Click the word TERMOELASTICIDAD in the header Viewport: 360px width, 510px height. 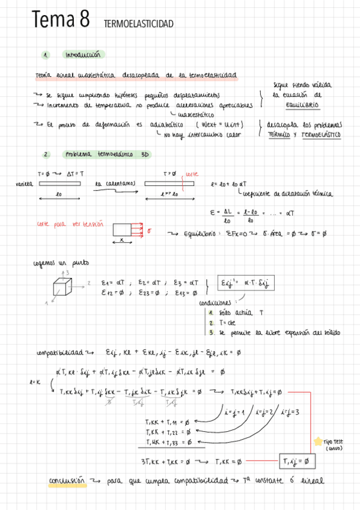point(138,24)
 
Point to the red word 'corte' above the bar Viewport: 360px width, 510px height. point(191,173)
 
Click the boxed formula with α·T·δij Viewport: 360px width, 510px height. point(238,283)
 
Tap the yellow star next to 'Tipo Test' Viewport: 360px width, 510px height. point(318,441)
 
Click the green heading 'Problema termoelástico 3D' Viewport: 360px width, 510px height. point(106,154)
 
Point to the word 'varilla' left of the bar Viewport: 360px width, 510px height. point(24,183)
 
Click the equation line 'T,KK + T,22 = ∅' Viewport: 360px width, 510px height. point(168,432)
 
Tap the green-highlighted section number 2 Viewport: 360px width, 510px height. point(46,154)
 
